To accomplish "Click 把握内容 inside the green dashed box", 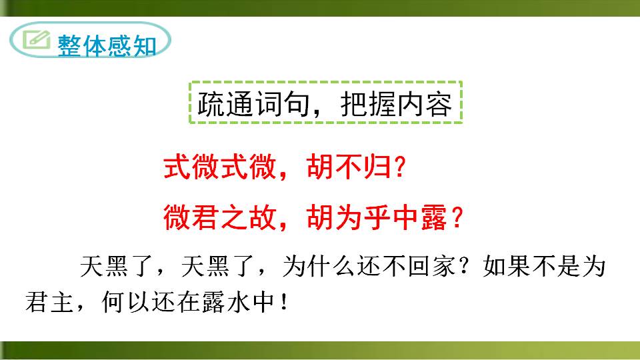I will tap(396, 103).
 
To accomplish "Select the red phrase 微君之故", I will tap(217, 217).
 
